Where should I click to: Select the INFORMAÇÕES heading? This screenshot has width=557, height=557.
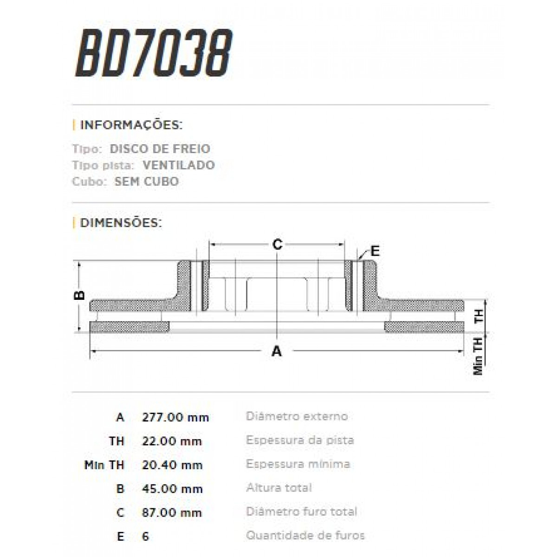coord(131,125)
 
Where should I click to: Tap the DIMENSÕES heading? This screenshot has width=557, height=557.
coord(121,223)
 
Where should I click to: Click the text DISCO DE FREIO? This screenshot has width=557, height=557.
coord(160,149)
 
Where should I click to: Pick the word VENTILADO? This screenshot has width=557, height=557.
coord(179,165)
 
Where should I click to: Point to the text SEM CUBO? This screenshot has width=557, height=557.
coord(146,181)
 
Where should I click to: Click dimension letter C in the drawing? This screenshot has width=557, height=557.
coord(277,244)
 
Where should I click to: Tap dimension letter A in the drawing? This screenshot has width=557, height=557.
coord(277,351)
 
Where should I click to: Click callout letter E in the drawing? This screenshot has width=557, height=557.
coord(375,251)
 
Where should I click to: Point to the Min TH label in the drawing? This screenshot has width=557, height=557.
coord(478,356)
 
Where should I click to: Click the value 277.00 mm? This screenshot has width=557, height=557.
coord(175,417)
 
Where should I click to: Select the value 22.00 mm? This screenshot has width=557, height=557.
coord(172,441)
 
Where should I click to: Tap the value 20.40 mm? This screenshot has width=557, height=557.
coord(172,465)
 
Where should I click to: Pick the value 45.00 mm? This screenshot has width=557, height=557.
coord(172,489)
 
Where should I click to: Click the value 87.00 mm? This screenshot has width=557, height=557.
coord(172,513)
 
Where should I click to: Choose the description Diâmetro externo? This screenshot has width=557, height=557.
coord(297,416)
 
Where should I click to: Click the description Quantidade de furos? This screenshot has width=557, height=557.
coord(305,536)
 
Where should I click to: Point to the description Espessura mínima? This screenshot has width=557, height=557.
coord(298,464)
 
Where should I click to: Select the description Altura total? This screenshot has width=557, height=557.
coord(279,488)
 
